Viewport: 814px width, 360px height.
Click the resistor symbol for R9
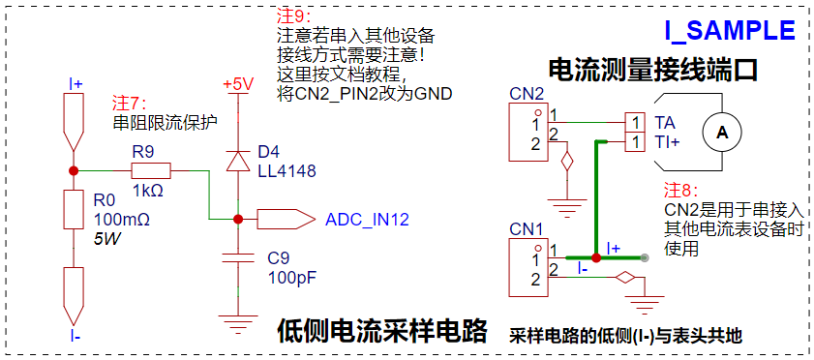151,170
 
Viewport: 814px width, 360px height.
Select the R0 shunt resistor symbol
74,209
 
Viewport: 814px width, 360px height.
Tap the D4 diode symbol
238,162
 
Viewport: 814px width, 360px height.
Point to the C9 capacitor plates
238,258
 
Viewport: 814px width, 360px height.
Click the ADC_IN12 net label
367,220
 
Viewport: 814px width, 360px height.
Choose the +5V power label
238,85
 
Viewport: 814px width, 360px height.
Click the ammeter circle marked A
722,133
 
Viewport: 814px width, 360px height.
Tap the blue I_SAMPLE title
730,31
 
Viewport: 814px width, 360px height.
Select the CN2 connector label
527,94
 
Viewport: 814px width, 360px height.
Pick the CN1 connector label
527,228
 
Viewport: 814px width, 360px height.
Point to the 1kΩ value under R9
148,191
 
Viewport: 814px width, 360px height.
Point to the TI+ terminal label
667,142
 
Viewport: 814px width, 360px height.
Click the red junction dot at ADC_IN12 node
238,220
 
